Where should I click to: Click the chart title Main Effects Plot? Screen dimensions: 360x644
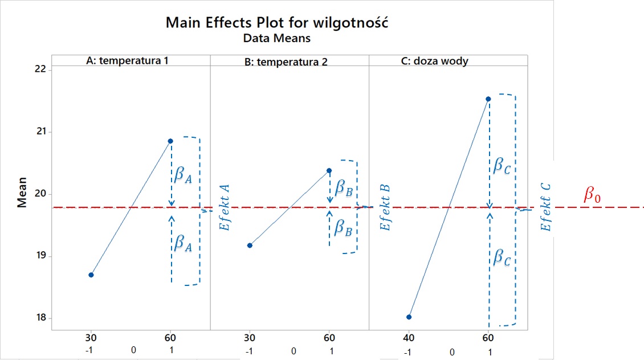tap(278, 23)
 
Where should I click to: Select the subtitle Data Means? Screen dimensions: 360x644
tap(276, 38)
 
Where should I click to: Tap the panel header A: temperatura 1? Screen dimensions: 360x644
tap(127, 60)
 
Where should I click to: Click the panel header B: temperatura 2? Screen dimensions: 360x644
tap(286, 62)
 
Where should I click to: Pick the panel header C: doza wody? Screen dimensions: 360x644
tap(435, 61)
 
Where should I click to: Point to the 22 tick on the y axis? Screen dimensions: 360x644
tap(39, 69)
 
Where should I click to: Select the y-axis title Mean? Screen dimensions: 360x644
tap(22, 194)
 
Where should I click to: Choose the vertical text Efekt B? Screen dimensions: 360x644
tap(385, 207)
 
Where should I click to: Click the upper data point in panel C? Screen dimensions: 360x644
tap(488, 99)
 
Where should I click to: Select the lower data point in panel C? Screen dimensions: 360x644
tap(409, 317)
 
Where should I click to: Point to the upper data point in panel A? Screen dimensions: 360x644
tap(170, 141)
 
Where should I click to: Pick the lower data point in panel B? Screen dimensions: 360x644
tap(250, 246)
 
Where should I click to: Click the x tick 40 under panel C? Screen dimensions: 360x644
tap(409, 335)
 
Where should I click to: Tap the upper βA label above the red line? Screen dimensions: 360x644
tap(183, 175)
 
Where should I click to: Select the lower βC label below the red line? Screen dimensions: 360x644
tap(502, 259)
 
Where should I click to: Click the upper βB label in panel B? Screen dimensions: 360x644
tap(343, 187)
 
